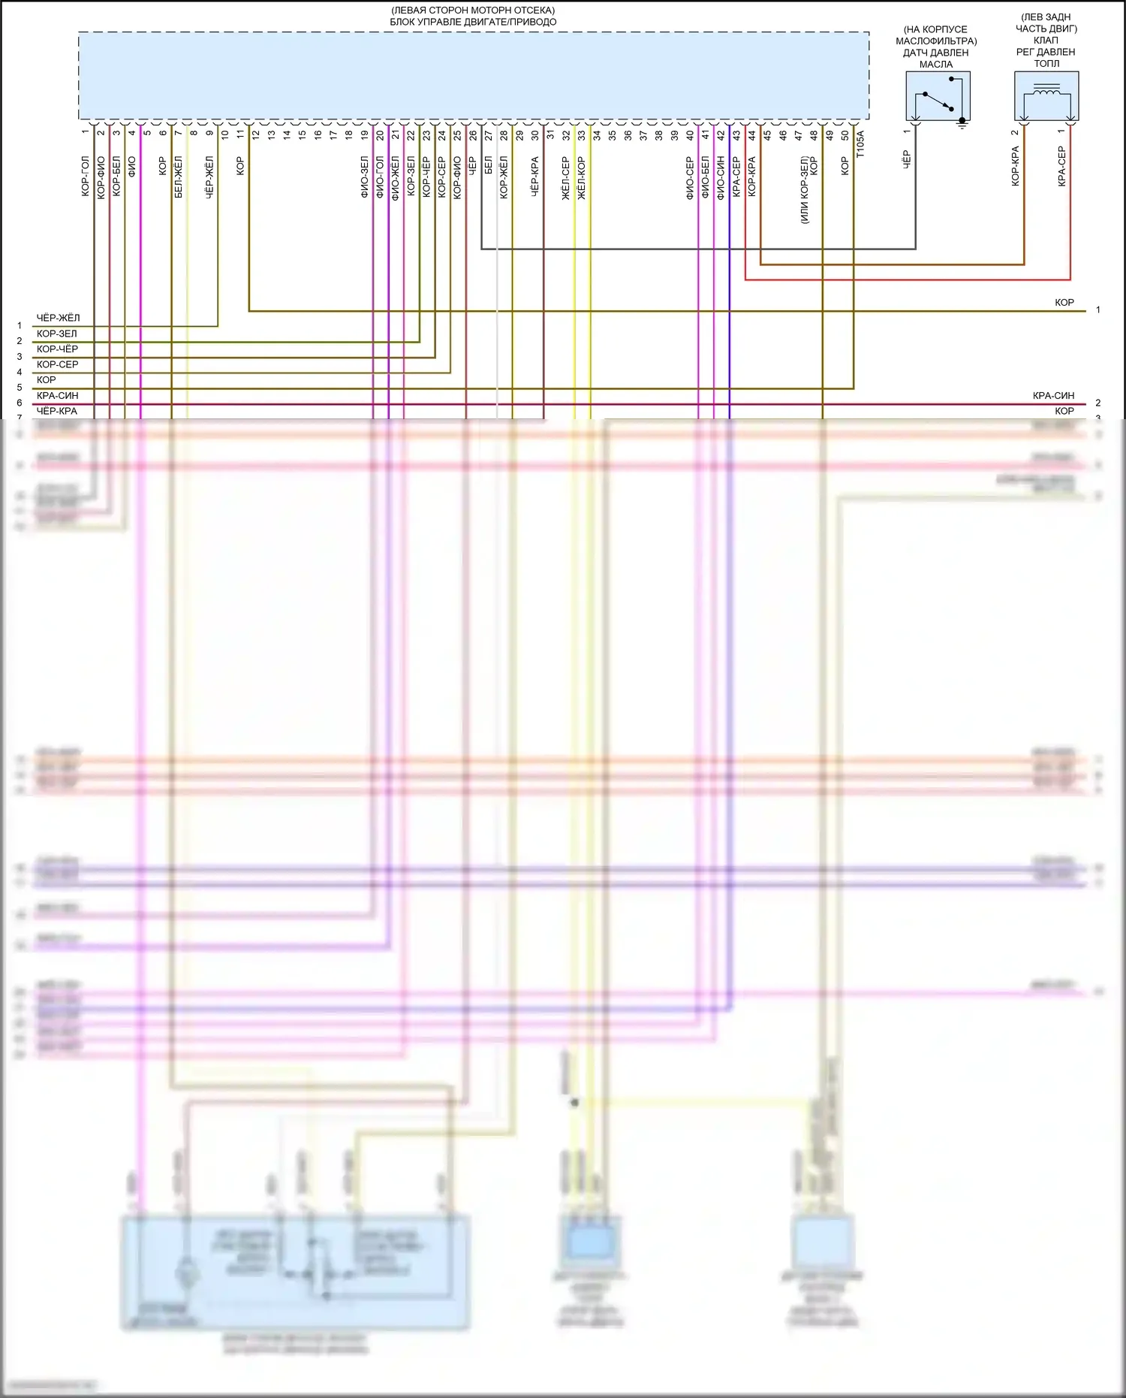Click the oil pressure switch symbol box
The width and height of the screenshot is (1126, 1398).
938,96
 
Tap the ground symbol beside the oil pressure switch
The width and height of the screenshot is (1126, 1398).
962,124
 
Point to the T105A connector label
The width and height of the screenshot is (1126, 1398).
860,144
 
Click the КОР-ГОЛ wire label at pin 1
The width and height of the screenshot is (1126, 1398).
85,177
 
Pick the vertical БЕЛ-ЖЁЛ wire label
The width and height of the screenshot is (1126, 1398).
178,177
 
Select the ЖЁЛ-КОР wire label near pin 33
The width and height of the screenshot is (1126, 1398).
582,178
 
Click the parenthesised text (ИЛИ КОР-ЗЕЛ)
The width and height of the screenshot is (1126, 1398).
804,190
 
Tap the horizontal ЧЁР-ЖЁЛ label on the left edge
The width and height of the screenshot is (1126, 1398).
58,318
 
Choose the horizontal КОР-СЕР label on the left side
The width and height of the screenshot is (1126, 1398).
57,364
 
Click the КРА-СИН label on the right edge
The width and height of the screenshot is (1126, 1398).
1053,395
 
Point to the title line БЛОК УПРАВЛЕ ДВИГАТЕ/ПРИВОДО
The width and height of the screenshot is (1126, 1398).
473,22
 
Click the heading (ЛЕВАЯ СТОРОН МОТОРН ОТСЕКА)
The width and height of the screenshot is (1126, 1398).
473,11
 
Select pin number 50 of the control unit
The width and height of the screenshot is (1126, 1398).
845,135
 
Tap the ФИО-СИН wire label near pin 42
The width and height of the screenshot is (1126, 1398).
721,178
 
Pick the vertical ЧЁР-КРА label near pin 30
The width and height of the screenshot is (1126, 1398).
534,177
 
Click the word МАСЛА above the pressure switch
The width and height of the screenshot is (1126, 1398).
936,65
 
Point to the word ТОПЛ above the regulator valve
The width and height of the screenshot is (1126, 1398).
1046,64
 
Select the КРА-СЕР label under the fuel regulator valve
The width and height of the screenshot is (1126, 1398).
1061,166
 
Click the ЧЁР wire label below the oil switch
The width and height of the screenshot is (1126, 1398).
906,159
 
